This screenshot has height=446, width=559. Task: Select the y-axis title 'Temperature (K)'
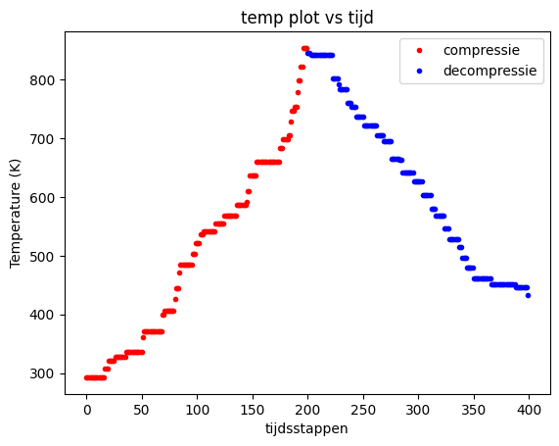pos(17,213)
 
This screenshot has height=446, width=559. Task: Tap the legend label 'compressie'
pos(481,50)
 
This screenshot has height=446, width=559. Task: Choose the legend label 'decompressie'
pos(489,71)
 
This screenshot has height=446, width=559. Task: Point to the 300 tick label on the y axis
pos(42,373)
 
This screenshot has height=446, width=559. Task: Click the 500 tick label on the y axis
pos(42,256)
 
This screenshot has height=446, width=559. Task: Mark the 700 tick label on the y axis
pos(42,138)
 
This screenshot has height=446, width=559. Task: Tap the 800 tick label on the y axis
pos(42,79)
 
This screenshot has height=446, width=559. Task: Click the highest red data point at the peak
pos(304,48)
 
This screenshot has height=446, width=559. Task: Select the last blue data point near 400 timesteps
pos(528,295)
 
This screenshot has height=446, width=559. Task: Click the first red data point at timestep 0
pos(87,377)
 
